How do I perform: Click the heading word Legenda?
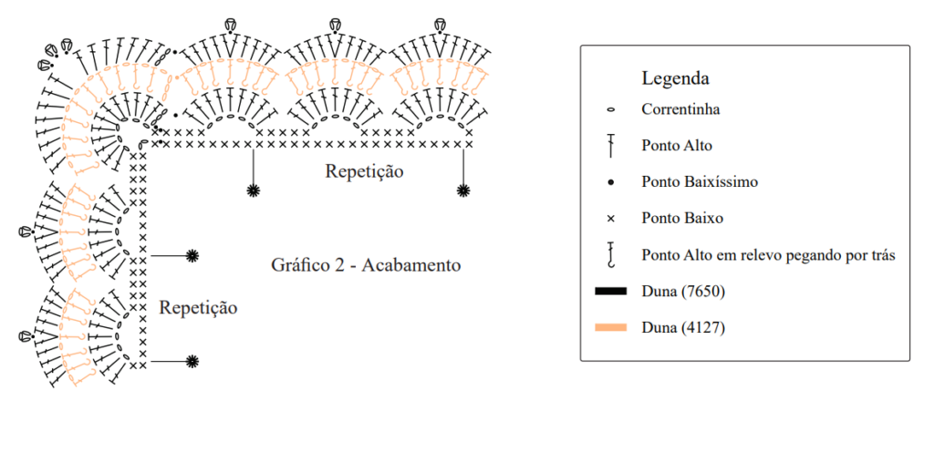[x=675, y=78]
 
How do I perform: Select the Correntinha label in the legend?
[x=680, y=109]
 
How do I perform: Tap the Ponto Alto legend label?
[x=677, y=146]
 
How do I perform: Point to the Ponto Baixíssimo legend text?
[x=700, y=182]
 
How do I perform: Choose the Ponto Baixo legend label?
[x=682, y=219]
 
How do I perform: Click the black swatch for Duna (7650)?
[x=610, y=291]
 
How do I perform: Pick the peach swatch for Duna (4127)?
[x=610, y=327]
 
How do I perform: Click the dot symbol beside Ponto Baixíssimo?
[x=610, y=182]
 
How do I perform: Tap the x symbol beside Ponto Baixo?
[x=610, y=219]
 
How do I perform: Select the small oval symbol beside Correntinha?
[x=610, y=109]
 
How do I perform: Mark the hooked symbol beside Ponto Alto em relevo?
[x=610, y=254]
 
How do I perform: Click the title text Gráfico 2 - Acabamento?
[x=366, y=265]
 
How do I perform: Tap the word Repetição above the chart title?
[x=364, y=171]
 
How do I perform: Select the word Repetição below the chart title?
[x=198, y=308]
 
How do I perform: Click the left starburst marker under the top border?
[x=254, y=190]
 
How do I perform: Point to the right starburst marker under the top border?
[x=463, y=190]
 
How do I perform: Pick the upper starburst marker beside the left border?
[x=192, y=256]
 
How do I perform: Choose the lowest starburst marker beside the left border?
[x=192, y=361]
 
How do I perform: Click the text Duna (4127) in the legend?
[x=683, y=328]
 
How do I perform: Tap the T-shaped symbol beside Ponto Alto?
[x=610, y=146]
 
